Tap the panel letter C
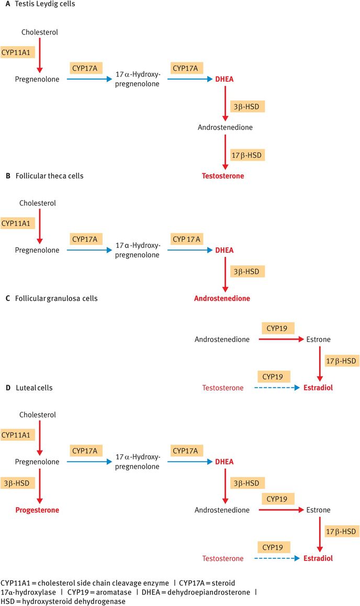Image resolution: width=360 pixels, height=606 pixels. (7, 298)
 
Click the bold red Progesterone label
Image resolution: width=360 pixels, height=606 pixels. (37, 510)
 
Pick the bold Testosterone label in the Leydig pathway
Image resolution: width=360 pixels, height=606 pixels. (223, 176)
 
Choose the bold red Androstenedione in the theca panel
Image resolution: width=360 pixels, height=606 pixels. (222, 298)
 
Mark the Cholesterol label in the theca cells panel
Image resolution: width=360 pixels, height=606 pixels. (38, 203)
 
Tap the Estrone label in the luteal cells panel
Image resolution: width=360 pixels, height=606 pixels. (319, 510)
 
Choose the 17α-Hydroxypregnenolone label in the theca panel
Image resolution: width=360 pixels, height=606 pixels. (138, 251)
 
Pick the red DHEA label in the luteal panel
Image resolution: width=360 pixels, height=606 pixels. (224, 462)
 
